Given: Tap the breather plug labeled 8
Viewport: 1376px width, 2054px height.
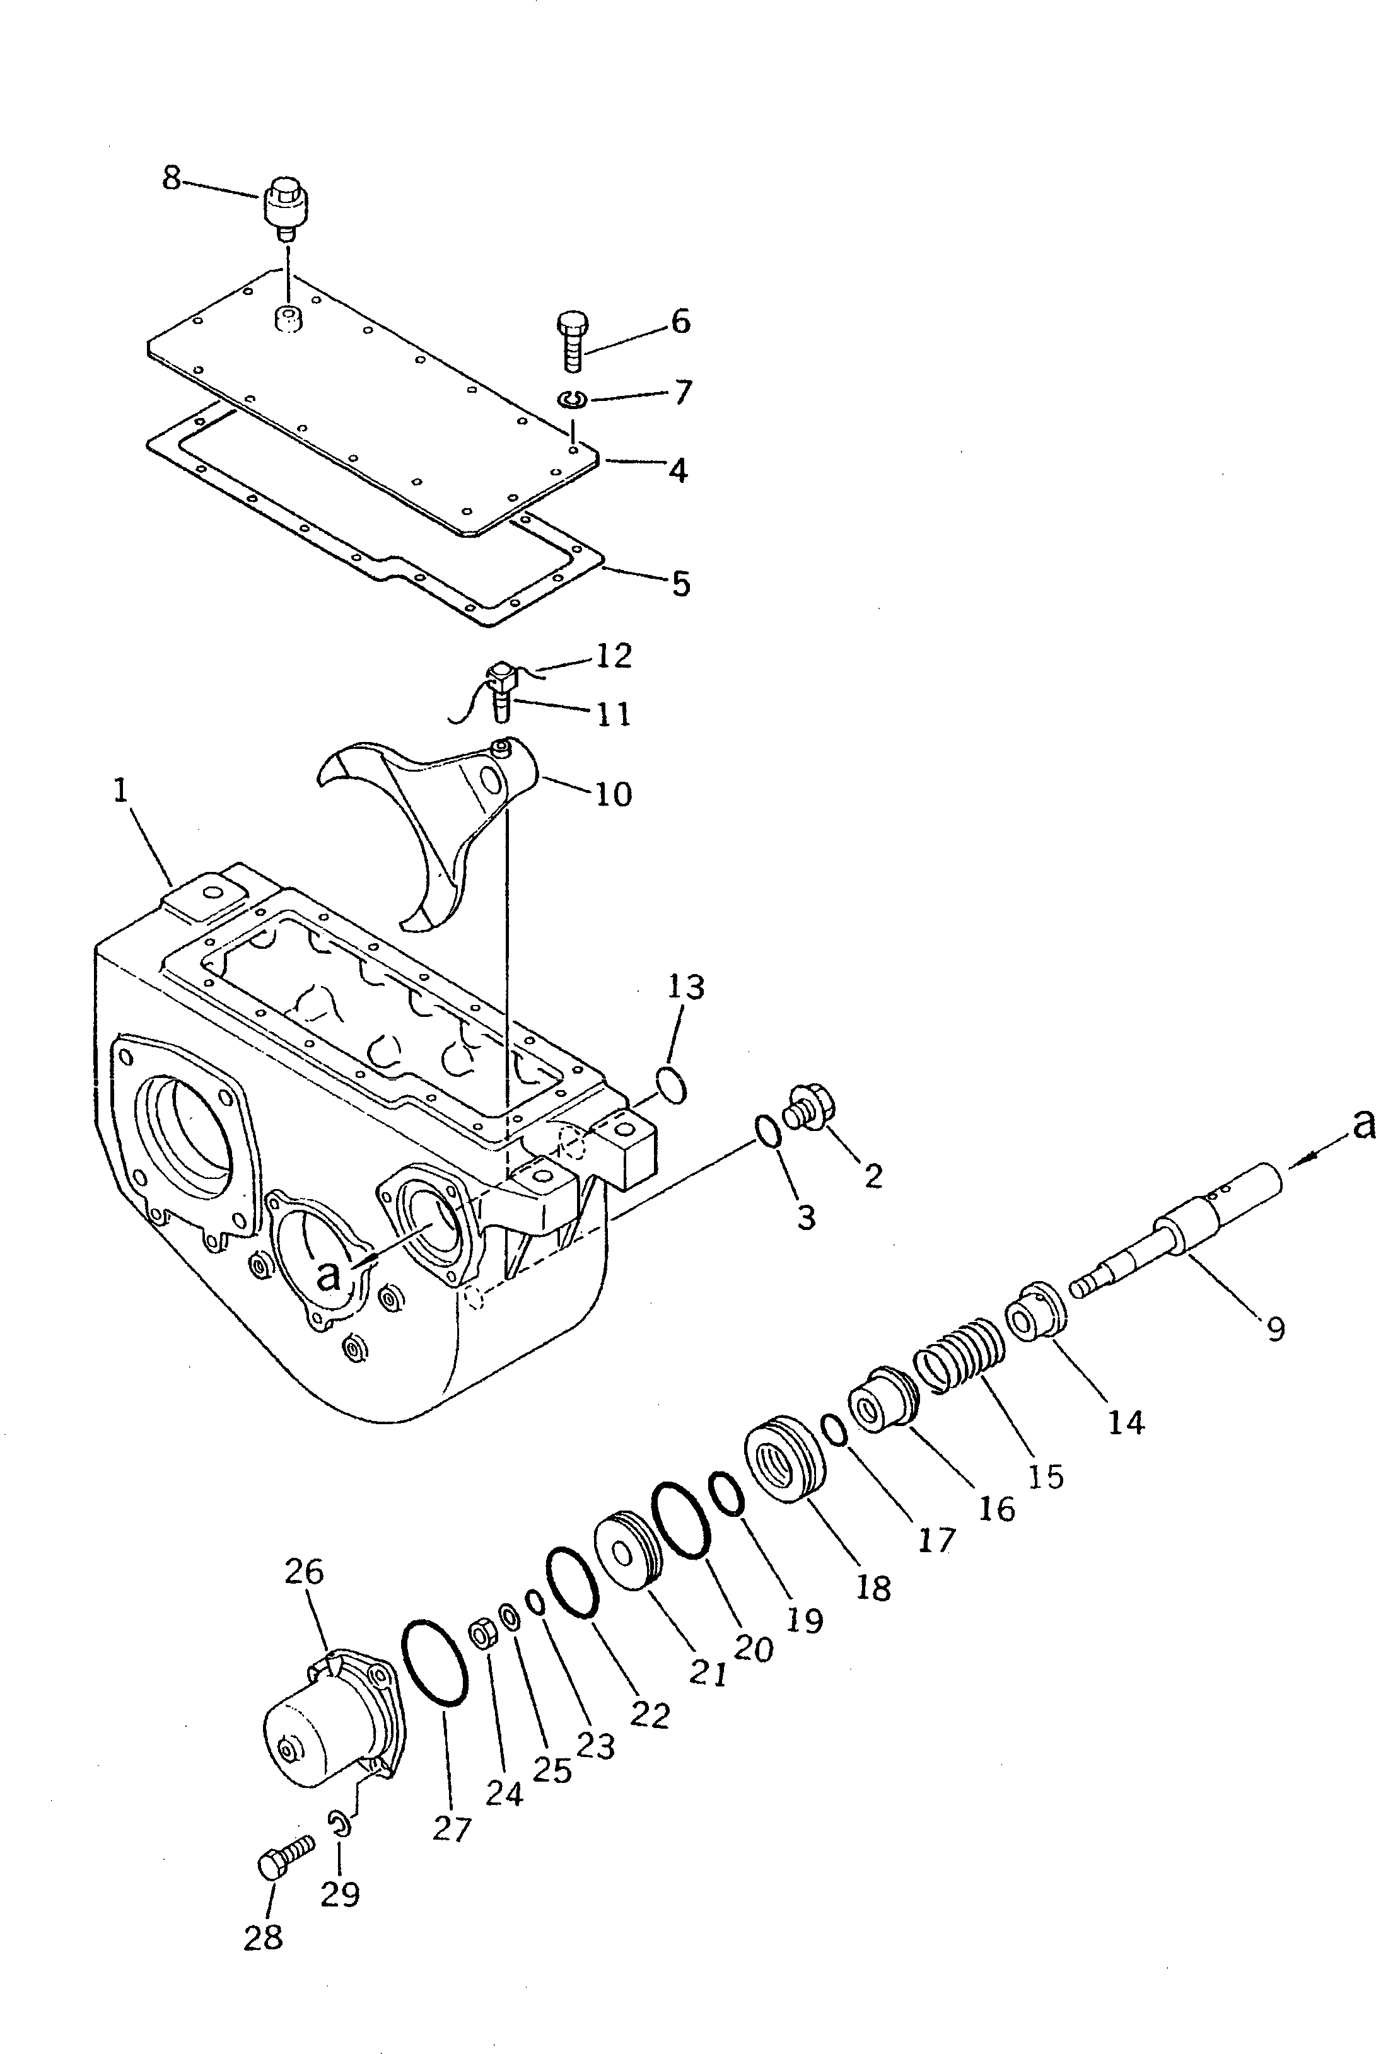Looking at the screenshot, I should coord(283,207).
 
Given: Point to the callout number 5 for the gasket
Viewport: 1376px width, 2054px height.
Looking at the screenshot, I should coord(681,583).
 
